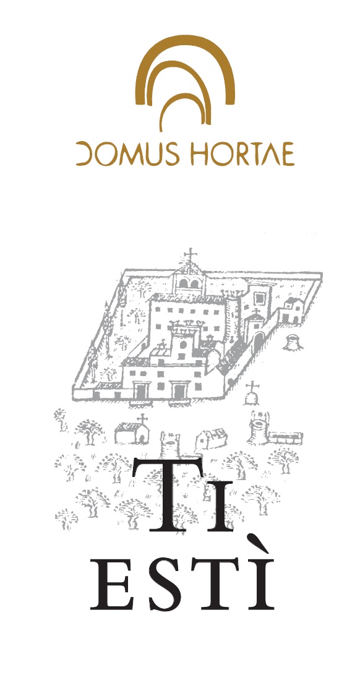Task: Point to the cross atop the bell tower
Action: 191,255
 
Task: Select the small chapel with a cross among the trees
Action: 132,429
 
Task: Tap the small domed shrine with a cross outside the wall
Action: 252,394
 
